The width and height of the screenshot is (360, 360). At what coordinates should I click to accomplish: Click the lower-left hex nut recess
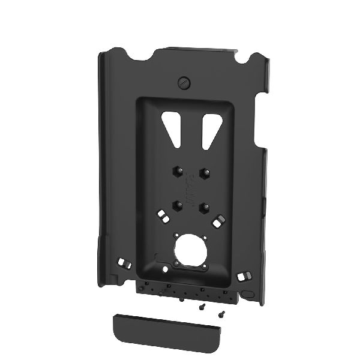[x=177, y=205]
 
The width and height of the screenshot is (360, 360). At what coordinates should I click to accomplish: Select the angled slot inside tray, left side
[x=161, y=214]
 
